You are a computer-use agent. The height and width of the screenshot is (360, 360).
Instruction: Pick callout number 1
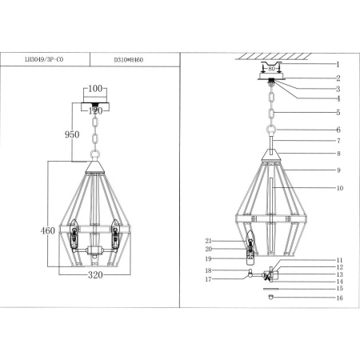(338, 64)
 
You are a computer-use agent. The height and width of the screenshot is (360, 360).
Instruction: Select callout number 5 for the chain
(338, 113)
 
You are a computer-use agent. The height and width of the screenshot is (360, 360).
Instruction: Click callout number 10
(339, 189)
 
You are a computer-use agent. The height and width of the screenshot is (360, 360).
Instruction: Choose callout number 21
(208, 240)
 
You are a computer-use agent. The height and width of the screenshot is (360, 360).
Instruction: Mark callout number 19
(208, 259)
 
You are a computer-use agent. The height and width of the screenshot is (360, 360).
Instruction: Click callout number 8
(338, 152)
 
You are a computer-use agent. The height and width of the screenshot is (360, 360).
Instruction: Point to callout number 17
(208, 279)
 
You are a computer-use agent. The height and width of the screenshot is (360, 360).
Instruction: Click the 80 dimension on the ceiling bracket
(271, 69)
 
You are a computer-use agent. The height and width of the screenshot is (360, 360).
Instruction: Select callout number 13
(339, 274)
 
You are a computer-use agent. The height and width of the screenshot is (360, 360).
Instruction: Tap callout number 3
(338, 89)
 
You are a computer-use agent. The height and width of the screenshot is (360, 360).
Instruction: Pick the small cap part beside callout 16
(270, 297)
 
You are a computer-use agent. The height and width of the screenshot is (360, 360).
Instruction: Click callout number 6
(338, 130)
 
